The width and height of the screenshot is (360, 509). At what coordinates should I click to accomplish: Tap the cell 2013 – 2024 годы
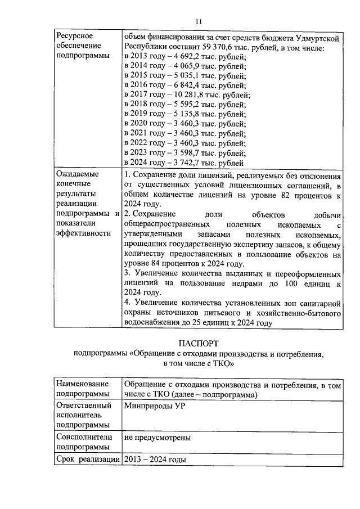(155, 460)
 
